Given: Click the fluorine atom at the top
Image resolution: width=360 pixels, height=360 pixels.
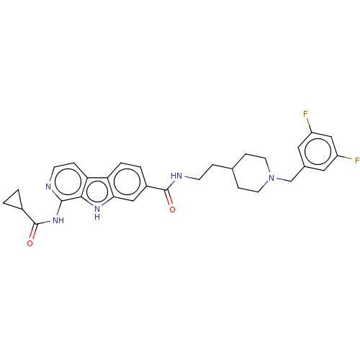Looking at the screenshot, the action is coord(305,114).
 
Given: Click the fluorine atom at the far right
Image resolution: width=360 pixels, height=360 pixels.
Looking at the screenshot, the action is coord(357,161).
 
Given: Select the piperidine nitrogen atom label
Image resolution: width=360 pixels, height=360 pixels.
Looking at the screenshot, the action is coord(271,178).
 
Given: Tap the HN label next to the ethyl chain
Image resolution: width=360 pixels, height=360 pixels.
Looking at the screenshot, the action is coord(176,176).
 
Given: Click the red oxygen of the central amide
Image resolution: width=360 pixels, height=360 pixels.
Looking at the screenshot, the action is coord(172,210).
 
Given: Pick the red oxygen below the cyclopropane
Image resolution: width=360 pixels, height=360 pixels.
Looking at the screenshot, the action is coord(30,243).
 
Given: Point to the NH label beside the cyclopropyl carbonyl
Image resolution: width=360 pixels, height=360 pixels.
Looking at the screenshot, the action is coord(58,220).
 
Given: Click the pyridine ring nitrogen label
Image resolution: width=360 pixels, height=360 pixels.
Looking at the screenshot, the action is coord(48,186).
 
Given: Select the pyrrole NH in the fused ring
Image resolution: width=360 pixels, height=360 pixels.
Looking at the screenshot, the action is coord(97,212).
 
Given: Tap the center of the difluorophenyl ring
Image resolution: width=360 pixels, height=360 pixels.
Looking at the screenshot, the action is coord(318,151).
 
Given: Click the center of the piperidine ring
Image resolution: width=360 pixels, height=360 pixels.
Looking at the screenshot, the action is coord(252,173).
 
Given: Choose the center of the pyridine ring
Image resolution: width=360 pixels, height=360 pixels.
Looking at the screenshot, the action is coord(68,182).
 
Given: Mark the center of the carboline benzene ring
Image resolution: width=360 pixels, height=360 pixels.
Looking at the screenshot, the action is coord(127,181).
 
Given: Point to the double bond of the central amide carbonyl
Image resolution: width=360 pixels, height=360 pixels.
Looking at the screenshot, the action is coord(168,198).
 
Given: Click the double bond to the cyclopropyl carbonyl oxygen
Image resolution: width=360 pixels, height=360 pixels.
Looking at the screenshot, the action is coord(34,231).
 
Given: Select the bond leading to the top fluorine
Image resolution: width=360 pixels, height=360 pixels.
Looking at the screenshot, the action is coord(310,125).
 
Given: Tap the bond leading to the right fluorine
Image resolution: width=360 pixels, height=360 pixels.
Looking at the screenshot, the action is coord(345,158).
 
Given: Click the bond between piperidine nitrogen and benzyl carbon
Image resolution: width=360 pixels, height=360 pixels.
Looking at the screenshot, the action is coord(283,180).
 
